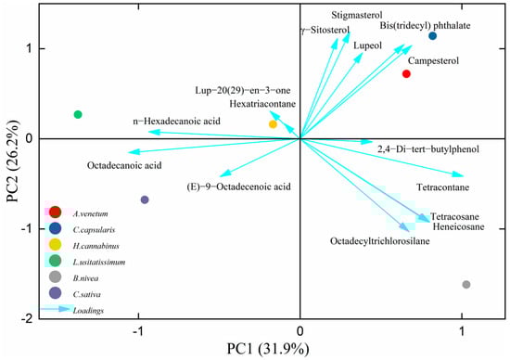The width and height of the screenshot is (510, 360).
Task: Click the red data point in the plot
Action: [406, 74]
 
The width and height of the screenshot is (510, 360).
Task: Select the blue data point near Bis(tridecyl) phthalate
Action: [432, 36]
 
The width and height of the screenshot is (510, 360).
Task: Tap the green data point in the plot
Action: [78, 114]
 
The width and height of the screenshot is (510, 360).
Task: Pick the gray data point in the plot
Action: [465, 285]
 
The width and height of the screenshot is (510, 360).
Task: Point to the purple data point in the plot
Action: [145, 199]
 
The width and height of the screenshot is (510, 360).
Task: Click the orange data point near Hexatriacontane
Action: [273, 124]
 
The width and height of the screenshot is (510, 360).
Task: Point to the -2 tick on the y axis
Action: [30, 318]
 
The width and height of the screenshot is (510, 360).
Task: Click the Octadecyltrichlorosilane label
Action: [377, 241]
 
